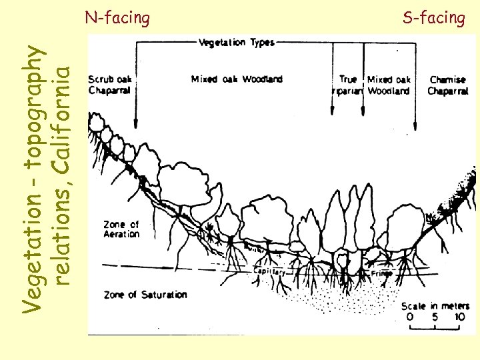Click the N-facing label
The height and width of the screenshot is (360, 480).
coord(117,17)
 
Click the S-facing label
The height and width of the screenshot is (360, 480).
coord(433,17)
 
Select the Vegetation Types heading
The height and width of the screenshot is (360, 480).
coord(237,43)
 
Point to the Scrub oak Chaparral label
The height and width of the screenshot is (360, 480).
coord(109,84)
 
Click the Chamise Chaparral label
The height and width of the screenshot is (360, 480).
coord(448,85)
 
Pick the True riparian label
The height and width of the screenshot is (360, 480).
coord(347,85)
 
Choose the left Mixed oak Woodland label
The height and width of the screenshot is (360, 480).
coord(237,79)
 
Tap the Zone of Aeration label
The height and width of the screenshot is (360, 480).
coord(121,229)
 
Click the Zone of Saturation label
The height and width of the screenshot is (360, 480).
coord(145,294)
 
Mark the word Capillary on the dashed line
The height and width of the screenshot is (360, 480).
coord(269,272)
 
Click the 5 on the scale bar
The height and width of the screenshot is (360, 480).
coord(434,317)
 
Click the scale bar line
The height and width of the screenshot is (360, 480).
coord(435,328)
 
